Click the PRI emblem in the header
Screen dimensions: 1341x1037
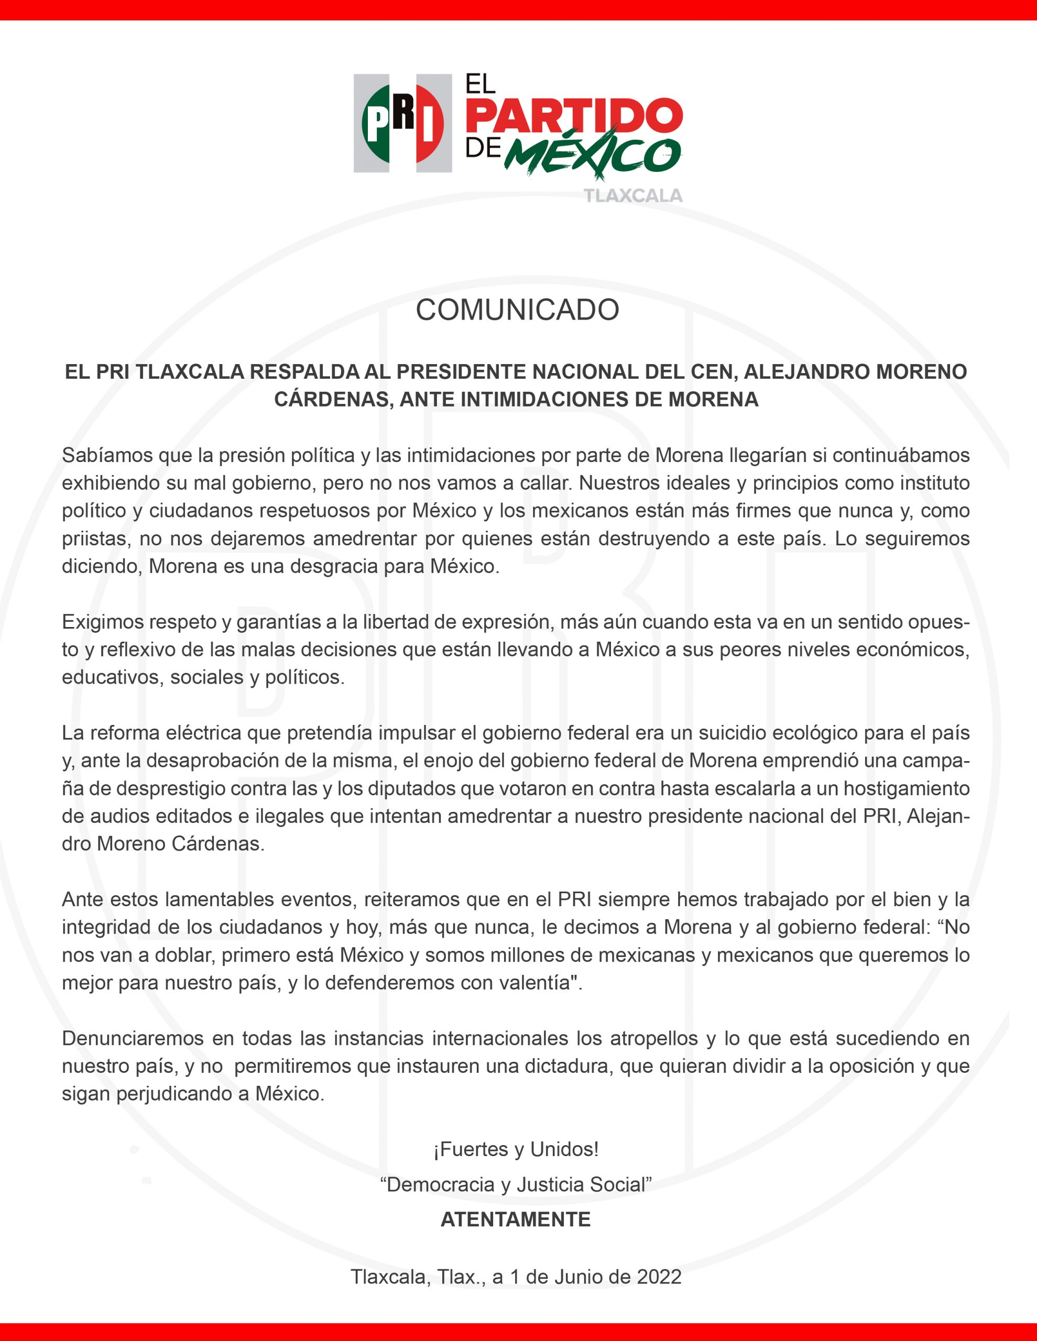coord(402,123)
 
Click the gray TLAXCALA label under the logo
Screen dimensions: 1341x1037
coord(633,196)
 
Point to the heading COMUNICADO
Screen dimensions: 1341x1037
coord(517,310)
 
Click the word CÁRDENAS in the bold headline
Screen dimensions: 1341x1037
coord(332,400)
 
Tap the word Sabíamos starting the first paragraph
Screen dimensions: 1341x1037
coord(106,456)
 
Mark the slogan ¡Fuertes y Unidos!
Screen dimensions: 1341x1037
coord(516,1149)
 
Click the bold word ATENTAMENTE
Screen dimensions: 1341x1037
coord(516,1219)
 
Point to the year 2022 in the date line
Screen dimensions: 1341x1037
coord(659,1277)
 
